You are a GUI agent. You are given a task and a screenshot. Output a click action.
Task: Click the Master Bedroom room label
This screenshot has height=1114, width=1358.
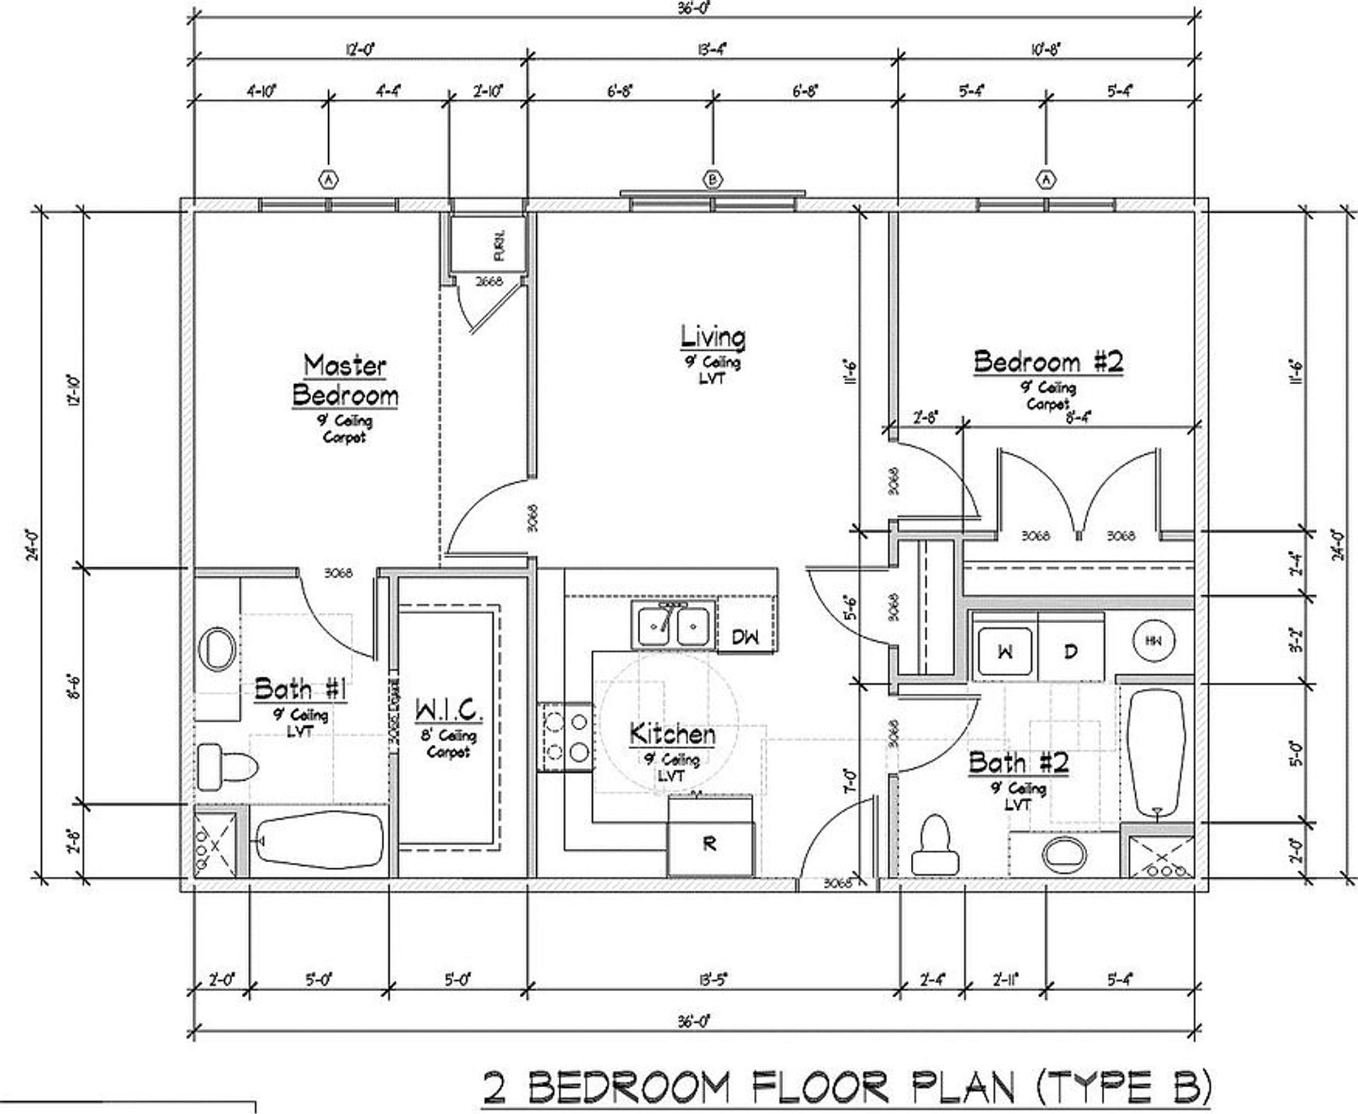(x=345, y=381)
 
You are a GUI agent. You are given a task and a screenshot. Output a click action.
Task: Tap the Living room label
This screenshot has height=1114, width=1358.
(x=712, y=337)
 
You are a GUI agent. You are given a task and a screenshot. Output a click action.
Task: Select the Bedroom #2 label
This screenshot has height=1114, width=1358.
(x=1047, y=362)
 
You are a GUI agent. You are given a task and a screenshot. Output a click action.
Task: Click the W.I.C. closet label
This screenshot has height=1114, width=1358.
(x=448, y=709)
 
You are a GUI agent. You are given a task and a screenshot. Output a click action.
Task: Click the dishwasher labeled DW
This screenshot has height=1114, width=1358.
(x=745, y=637)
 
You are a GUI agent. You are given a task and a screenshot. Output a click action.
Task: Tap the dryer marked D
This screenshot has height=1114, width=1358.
(x=1070, y=651)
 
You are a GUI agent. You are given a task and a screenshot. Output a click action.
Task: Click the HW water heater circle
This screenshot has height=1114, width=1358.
(x=1154, y=641)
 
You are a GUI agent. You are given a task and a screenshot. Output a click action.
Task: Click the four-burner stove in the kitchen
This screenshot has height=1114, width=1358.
(x=566, y=737)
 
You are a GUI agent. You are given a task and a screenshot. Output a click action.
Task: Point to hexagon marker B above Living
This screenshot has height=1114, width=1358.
(x=712, y=180)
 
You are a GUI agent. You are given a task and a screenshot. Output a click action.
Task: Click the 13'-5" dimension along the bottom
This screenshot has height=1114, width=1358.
(x=712, y=980)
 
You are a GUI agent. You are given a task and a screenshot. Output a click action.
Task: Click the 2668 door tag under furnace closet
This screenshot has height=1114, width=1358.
(x=489, y=282)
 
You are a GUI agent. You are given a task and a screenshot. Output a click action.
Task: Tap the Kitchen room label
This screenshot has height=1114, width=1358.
(x=672, y=734)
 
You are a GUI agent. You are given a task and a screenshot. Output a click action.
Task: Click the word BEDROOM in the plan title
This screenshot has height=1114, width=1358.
(x=628, y=1088)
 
